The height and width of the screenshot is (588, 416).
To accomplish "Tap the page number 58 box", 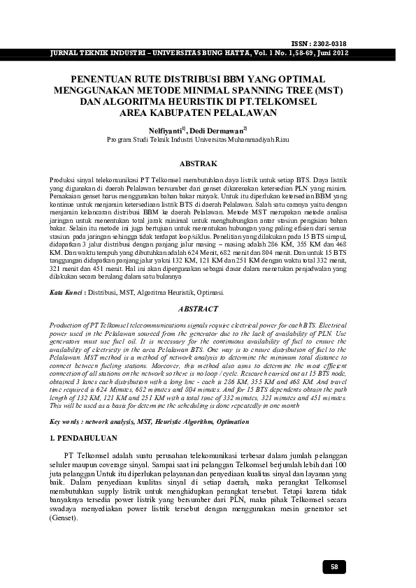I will point(333,567).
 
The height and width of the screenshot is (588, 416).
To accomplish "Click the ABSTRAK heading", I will point(199,163).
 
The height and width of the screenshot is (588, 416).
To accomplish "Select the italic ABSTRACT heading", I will point(199,309).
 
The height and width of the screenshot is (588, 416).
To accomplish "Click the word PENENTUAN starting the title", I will point(103,80).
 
